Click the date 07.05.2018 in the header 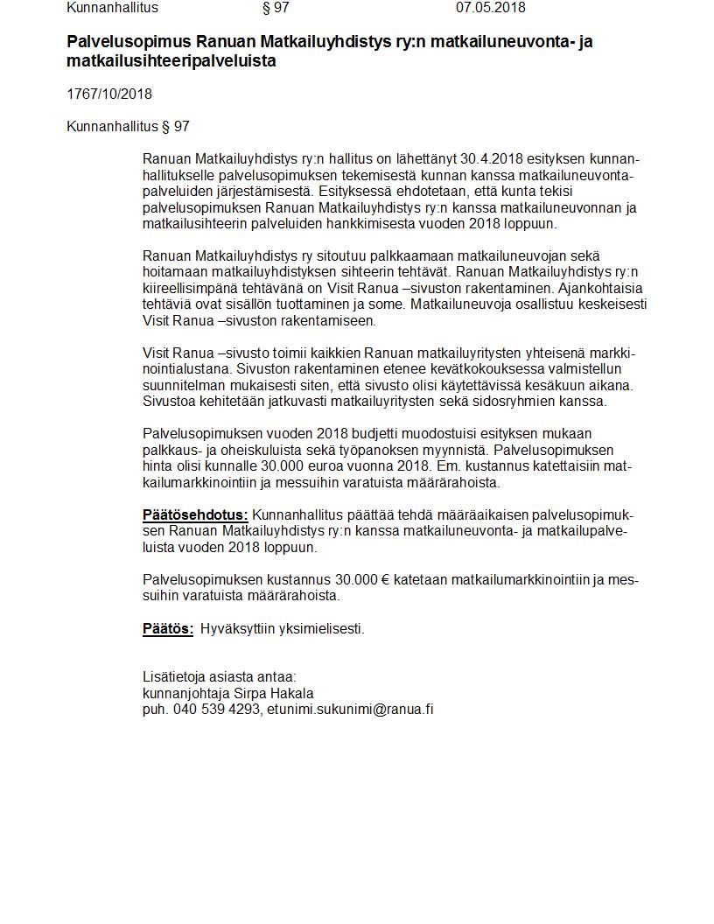490,8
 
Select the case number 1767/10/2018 109,94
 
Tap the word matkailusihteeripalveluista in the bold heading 171,61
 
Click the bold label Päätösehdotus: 195,515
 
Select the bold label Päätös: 168,629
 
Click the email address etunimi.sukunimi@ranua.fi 350,710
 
